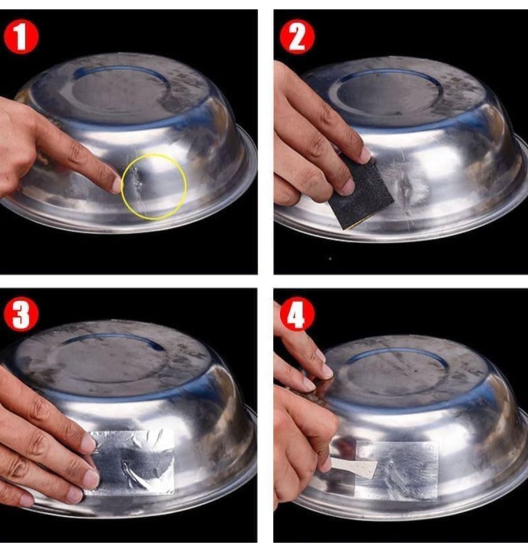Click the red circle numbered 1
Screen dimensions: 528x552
[x=21, y=37]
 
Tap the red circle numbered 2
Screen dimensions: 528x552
[x=297, y=37]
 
